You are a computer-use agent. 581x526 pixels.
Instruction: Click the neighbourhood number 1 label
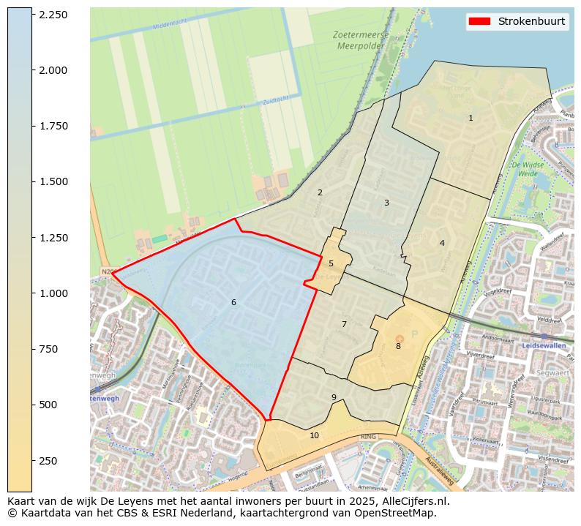click(471, 118)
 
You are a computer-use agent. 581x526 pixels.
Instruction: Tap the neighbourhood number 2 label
click(320, 192)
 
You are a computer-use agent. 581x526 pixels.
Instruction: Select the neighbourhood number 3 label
click(386, 203)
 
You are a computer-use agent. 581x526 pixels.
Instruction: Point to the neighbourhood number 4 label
click(442, 243)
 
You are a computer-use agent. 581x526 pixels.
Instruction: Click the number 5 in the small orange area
click(331, 263)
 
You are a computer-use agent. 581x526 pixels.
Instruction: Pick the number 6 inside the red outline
click(233, 302)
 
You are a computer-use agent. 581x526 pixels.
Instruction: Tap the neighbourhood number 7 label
click(344, 324)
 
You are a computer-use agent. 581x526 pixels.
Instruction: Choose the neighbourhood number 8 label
click(398, 346)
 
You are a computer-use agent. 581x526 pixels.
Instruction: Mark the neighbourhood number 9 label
click(334, 397)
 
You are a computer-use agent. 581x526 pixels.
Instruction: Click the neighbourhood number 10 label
click(314, 435)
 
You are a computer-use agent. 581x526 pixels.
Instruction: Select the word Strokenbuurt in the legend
click(531, 21)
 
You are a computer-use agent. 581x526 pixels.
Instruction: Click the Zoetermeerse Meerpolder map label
click(359, 40)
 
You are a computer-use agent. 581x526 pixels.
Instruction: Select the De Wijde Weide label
click(531, 170)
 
